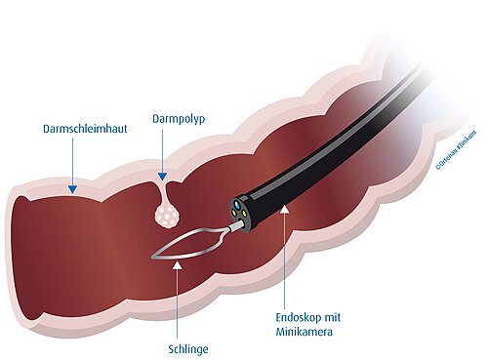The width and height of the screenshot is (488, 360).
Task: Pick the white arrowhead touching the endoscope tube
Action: [285, 209]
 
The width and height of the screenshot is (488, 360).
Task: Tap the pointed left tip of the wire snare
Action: [154, 258]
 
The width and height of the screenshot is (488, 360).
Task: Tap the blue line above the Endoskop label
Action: [285, 263]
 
